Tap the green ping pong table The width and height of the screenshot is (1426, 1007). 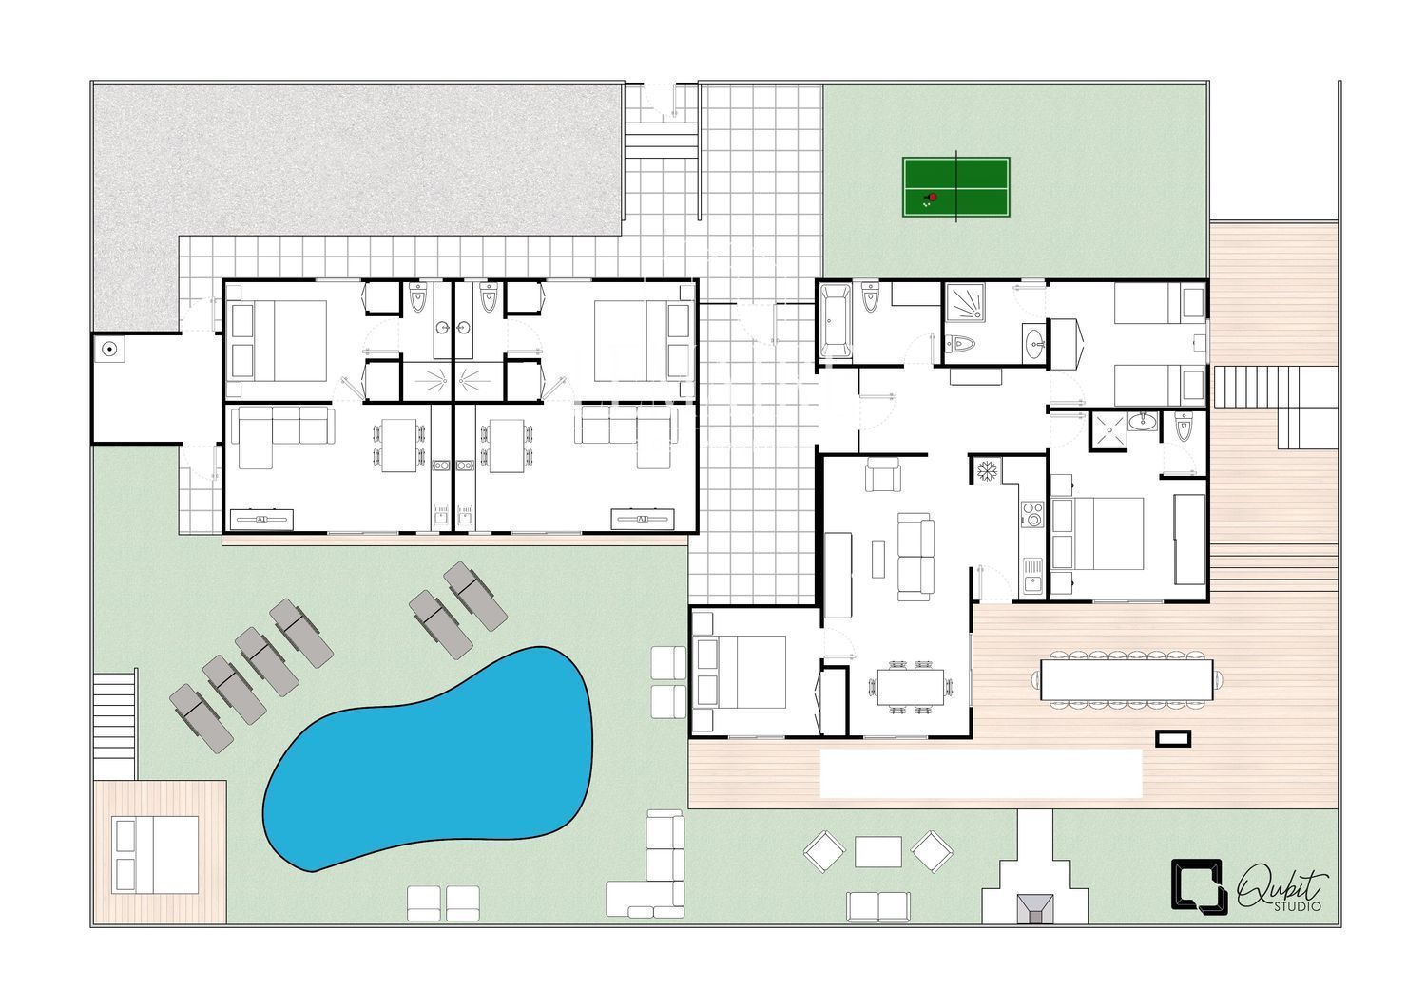[x=955, y=187]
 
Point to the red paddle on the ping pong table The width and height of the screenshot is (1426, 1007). [x=933, y=198]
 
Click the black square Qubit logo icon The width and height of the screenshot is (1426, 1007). [x=1199, y=886]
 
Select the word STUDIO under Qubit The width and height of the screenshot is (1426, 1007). [x=1298, y=906]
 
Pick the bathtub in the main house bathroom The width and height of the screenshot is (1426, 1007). [x=836, y=321]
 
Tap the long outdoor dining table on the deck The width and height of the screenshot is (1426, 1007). [x=1127, y=679]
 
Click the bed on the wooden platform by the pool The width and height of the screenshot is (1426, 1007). [x=155, y=855]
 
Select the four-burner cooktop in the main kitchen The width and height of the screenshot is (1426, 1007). [x=1031, y=514]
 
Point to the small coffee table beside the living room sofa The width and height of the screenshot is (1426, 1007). [x=877, y=559]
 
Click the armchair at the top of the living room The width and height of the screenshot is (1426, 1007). [x=883, y=475]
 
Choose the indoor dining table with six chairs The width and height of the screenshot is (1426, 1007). [x=910, y=687]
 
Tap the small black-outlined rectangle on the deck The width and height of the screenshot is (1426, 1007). [x=1173, y=738]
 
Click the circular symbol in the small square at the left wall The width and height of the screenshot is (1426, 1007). [x=109, y=349]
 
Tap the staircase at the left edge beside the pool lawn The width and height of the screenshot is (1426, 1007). [x=115, y=725]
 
